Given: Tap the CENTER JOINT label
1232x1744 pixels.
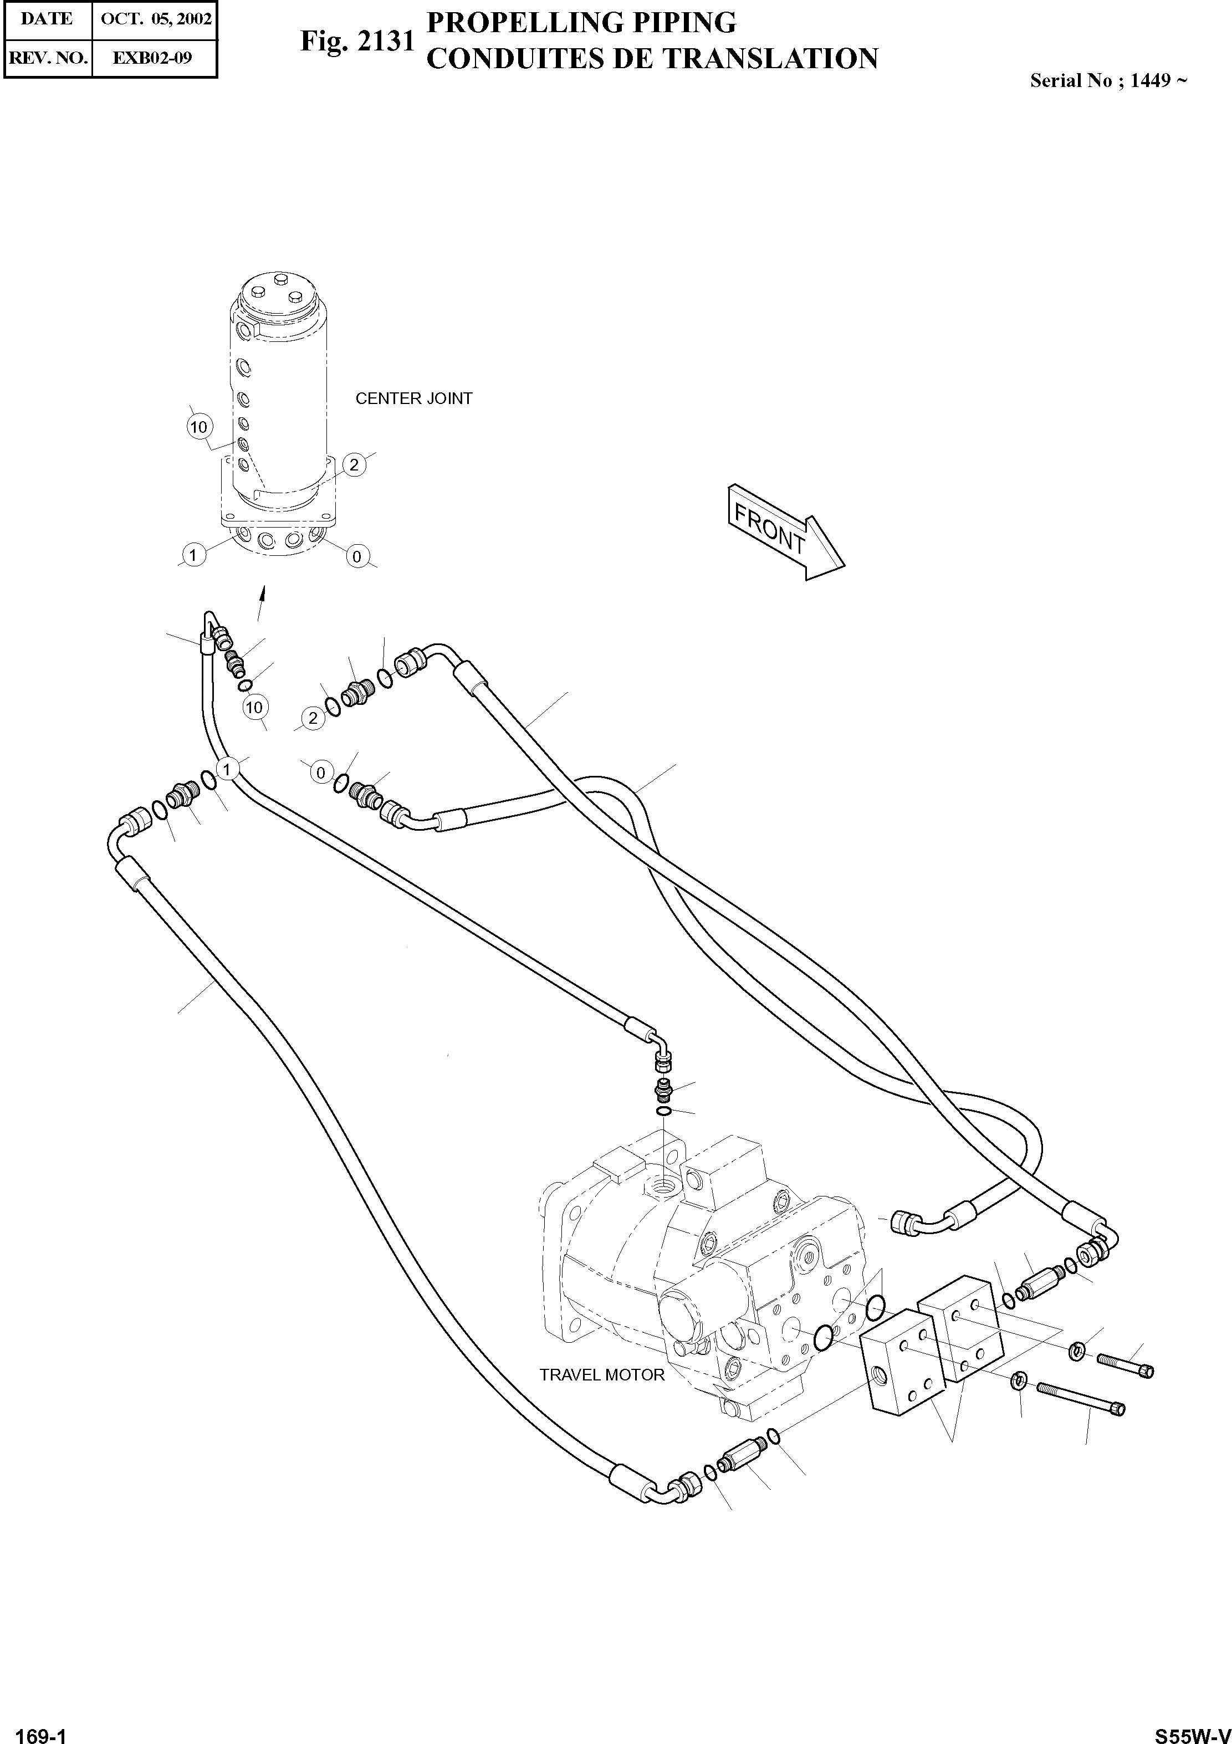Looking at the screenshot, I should (x=413, y=399).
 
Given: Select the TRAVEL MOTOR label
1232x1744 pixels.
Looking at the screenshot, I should (x=601, y=1375).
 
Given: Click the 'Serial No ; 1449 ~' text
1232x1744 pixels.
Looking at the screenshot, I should (x=1107, y=80).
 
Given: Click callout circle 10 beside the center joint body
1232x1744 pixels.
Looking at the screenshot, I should (x=198, y=427).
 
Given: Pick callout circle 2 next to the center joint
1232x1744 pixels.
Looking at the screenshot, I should (x=354, y=465).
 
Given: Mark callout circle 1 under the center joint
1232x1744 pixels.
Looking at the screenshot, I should (x=193, y=555).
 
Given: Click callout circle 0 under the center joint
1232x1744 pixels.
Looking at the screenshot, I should (x=356, y=557).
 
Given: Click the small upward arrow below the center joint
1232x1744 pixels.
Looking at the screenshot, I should (x=262, y=592).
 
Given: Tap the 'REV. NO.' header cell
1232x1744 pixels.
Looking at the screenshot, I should (x=48, y=58).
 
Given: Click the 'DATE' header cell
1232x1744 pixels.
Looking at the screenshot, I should (x=48, y=19).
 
